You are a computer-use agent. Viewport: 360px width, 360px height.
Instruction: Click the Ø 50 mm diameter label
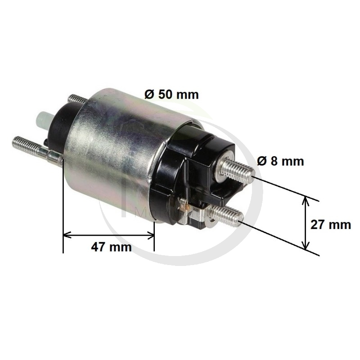point(171,94)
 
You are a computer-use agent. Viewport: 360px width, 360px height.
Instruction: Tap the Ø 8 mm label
point(280,161)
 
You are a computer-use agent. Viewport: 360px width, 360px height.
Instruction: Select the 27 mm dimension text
point(331,225)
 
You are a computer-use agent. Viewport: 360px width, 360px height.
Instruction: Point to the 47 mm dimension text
point(111,247)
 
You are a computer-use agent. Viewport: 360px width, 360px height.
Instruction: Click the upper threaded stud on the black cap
point(237,170)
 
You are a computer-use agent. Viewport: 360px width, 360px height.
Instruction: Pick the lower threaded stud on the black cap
point(226,215)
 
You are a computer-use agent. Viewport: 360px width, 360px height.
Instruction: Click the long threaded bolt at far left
point(37,149)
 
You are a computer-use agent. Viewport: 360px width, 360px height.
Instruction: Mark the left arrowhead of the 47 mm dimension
point(67,235)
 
